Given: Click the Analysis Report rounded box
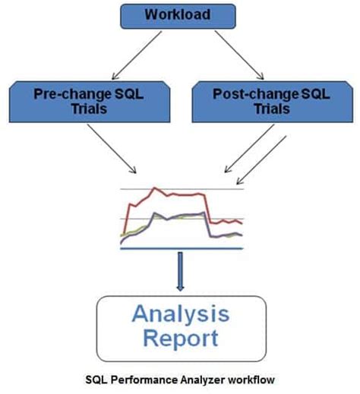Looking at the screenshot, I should coord(181,324).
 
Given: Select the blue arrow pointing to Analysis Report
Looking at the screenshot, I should coord(181,270).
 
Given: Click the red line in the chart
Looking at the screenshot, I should coord(182,195).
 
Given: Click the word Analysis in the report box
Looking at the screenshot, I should coord(181,312).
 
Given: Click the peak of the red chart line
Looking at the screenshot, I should coord(155,188).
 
